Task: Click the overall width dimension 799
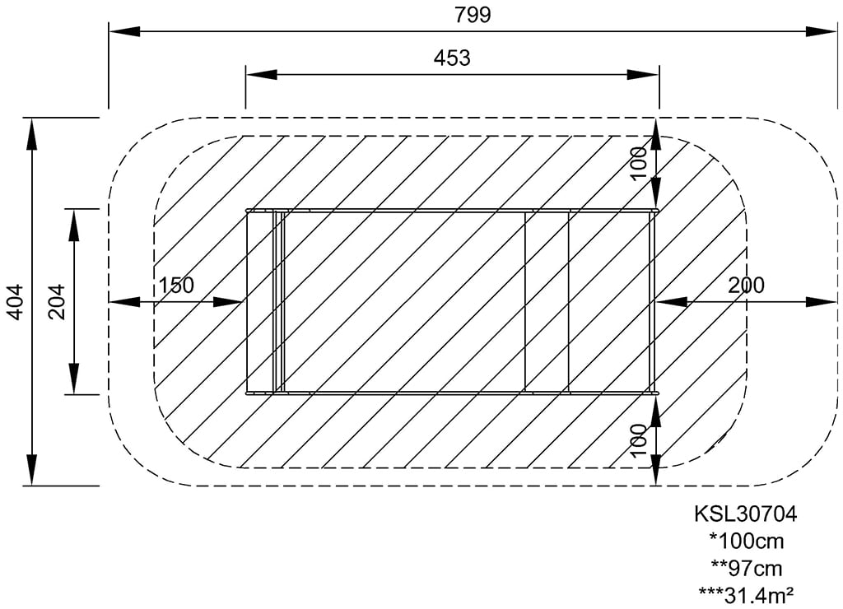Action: (x=473, y=15)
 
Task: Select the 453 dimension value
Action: (x=452, y=58)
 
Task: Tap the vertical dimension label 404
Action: (x=14, y=301)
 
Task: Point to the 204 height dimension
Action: (x=56, y=301)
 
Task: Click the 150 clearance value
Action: (x=176, y=286)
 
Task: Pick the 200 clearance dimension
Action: (x=746, y=286)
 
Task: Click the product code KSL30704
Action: (x=746, y=514)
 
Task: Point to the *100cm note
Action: (x=746, y=542)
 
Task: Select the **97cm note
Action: (x=746, y=568)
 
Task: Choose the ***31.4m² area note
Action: (x=746, y=594)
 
